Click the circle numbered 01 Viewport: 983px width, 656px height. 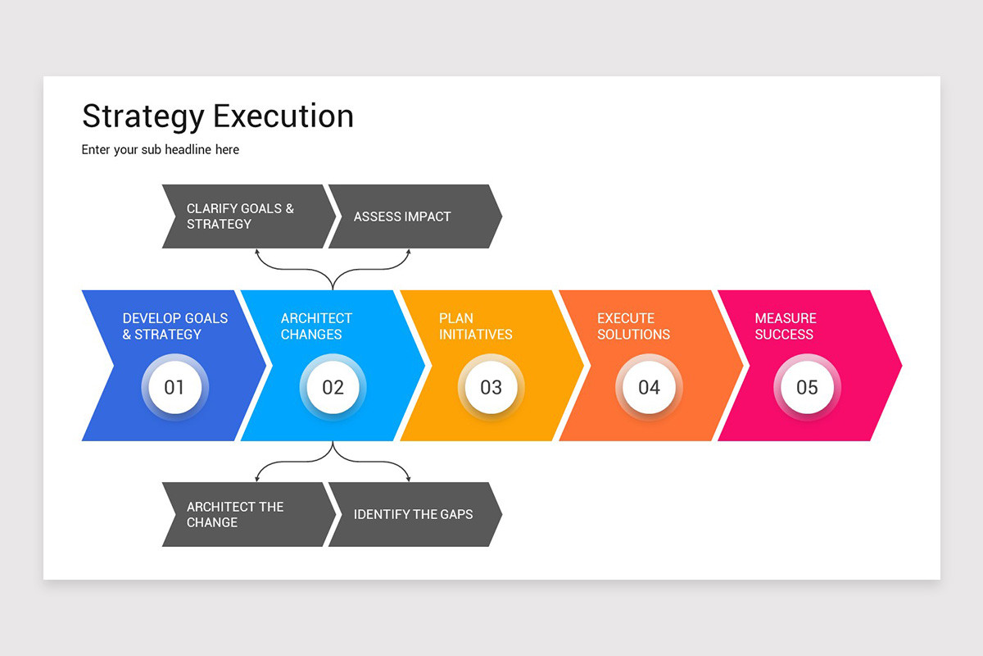click(174, 387)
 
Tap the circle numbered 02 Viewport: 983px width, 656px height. click(333, 387)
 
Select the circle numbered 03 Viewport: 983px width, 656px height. click(491, 387)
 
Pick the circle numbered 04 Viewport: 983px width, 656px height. click(649, 387)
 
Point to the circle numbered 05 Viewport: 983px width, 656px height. click(807, 387)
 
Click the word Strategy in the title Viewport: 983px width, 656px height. click(143, 116)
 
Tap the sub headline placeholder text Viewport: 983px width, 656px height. click(161, 150)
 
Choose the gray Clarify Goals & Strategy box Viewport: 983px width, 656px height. click(246, 216)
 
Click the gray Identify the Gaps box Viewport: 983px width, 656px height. click(414, 515)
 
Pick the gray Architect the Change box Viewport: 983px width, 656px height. click(246, 515)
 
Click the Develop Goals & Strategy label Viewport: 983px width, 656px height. click(174, 326)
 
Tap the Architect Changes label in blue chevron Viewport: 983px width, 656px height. click(316, 326)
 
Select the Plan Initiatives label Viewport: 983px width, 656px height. click(475, 326)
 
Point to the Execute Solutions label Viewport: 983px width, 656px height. click(633, 326)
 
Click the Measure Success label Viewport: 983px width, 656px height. click(785, 326)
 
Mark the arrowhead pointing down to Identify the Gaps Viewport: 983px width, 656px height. click(408, 478)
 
